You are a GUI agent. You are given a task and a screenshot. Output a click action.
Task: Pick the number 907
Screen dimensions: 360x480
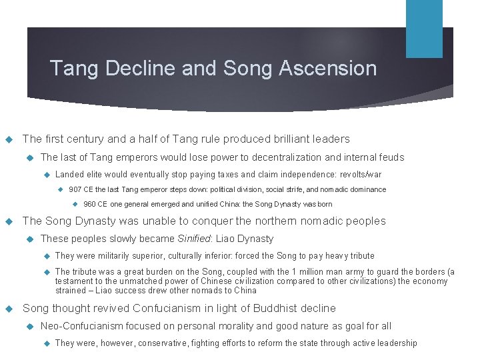(75, 189)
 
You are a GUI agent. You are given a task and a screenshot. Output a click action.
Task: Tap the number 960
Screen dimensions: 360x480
(90, 204)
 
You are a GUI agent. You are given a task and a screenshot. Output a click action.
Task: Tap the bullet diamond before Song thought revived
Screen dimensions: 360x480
(9, 309)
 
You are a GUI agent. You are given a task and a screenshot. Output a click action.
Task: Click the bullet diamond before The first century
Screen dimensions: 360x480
(9, 139)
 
